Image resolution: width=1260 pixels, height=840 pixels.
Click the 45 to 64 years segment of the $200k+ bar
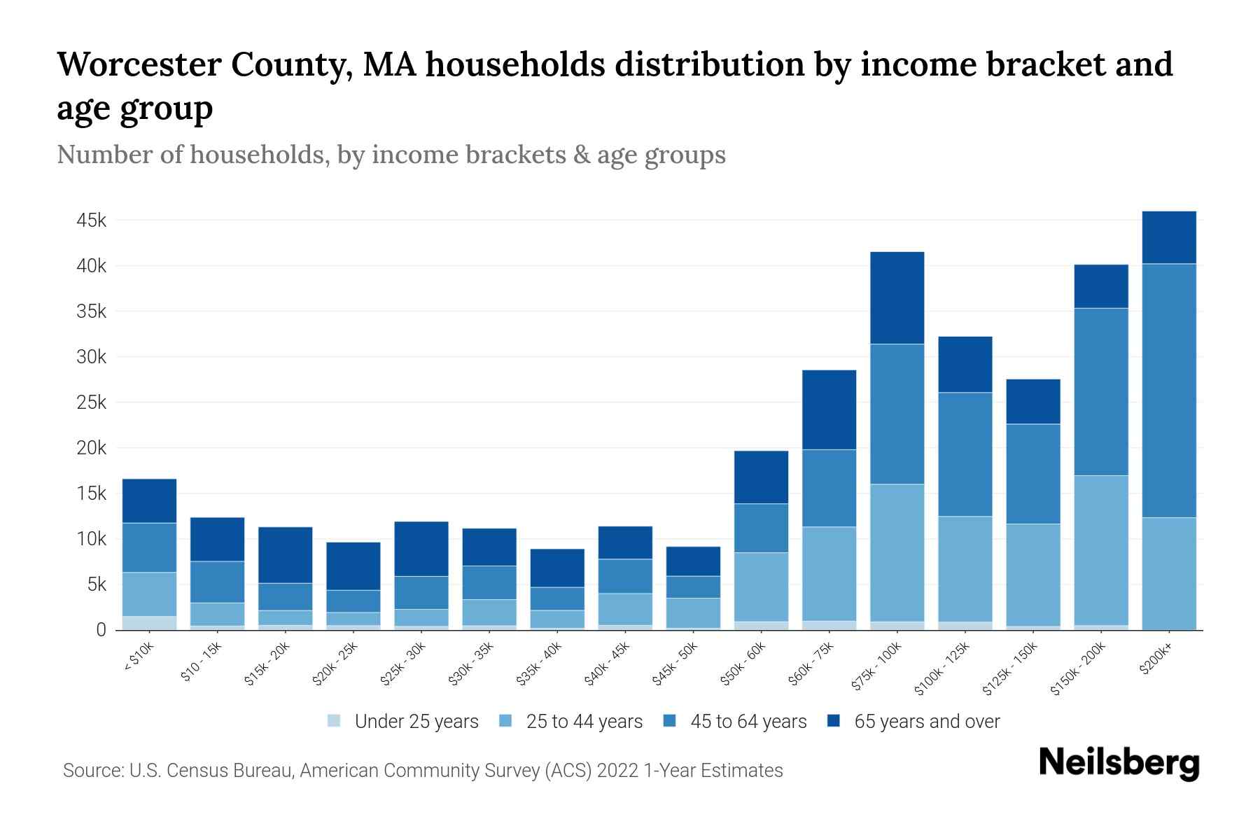click(1168, 391)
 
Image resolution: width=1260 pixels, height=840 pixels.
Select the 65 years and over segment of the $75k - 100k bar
click(897, 297)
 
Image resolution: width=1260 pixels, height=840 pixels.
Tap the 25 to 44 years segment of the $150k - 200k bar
click(1101, 550)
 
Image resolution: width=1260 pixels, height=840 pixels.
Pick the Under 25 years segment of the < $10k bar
click(149, 622)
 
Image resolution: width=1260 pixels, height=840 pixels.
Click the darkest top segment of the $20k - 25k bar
click(353, 566)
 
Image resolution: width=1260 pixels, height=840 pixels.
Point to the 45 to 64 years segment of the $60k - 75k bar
click(829, 488)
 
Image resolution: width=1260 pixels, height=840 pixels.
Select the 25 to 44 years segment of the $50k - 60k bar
click(761, 587)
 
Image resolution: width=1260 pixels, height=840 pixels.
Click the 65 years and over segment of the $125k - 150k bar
click(1032, 401)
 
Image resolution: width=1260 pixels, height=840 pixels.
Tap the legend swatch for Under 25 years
click(335, 720)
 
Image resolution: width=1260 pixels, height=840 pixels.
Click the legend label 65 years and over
click(927, 721)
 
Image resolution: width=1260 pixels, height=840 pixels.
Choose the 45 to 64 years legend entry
click(748, 721)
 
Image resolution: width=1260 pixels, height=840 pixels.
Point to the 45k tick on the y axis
click(92, 220)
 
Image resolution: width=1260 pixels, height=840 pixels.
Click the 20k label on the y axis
click(92, 448)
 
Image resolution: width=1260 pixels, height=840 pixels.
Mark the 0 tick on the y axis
click(101, 630)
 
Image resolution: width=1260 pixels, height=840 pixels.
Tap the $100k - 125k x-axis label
click(942, 668)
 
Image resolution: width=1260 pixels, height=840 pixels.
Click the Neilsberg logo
click(1119, 763)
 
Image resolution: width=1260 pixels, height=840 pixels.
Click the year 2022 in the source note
click(619, 771)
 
